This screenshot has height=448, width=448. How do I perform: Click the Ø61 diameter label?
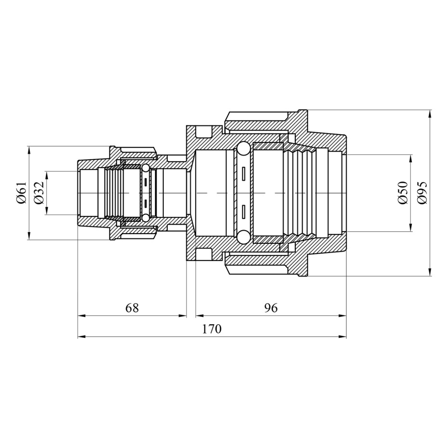coord(21,193)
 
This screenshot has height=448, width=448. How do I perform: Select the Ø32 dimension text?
coord(39,193)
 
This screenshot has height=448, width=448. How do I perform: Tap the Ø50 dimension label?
coord(403,193)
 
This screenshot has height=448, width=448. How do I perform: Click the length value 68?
coord(132,308)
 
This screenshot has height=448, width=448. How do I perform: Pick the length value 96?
coord(271,308)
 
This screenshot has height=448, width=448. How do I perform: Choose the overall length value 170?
coord(211,329)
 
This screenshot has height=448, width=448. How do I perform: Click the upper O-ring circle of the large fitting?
coord(244,148)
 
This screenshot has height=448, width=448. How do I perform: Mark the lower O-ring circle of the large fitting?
coord(244,237)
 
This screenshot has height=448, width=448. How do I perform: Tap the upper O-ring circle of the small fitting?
coord(145,168)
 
